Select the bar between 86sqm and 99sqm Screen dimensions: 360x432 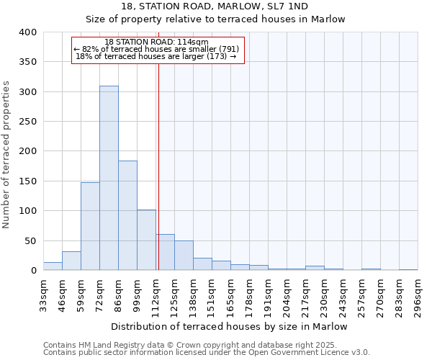127,215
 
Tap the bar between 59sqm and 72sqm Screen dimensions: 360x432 90,226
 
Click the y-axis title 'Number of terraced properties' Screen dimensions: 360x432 6,155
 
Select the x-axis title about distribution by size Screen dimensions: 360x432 230,327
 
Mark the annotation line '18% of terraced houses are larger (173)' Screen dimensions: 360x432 156,56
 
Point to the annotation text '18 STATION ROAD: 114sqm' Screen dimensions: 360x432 156,42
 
